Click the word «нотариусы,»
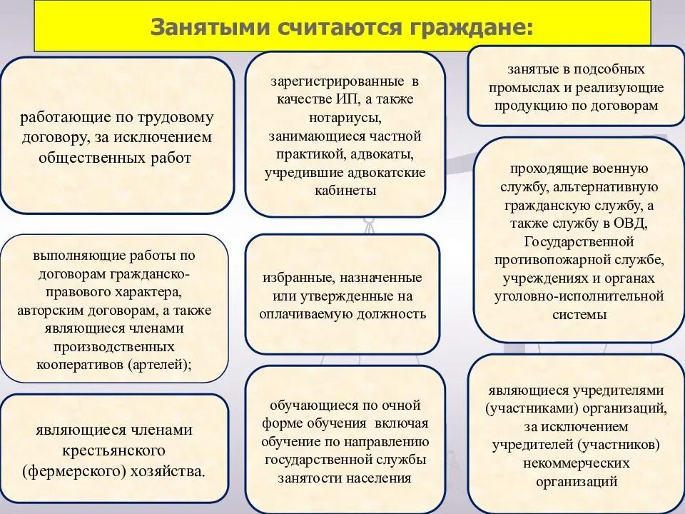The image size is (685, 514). [345, 117]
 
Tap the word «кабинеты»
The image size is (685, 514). [345, 191]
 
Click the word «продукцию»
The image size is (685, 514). [523, 106]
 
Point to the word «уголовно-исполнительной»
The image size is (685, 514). [579, 296]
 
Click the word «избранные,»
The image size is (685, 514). [298, 277]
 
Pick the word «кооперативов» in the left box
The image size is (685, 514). [79, 363]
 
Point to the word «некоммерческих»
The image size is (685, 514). [579, 463]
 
